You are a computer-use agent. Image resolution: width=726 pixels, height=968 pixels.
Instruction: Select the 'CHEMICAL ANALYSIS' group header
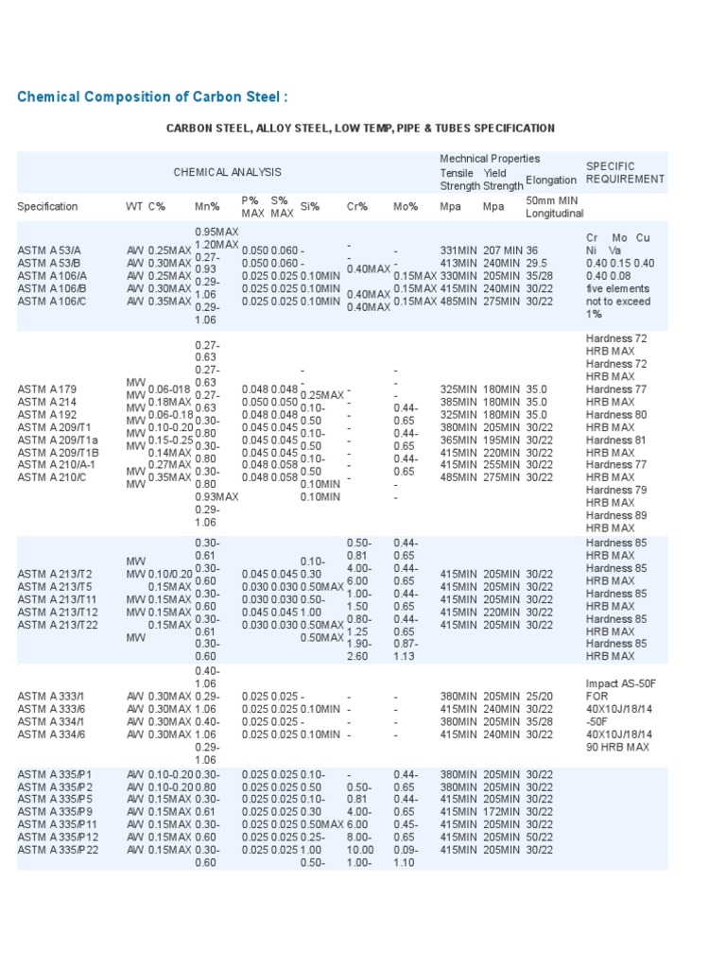tap(227, 172)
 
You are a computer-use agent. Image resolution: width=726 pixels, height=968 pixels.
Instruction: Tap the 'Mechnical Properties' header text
tap(490, 159)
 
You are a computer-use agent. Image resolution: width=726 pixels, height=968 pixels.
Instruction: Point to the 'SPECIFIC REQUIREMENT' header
tap(625, 172)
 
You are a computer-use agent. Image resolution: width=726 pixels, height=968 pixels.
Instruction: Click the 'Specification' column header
tap(47, 206)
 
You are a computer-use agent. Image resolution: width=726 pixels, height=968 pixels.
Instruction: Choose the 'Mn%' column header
tap(207, 206)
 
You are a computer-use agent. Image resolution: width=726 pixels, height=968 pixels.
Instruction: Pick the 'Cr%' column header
tap(357, 206)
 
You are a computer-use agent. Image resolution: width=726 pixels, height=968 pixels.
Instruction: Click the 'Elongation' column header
tap(551, 180)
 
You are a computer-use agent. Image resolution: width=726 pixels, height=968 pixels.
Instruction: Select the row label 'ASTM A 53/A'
tap(48, 251)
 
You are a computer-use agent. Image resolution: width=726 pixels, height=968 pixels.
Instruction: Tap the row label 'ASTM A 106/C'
tap(52, 302)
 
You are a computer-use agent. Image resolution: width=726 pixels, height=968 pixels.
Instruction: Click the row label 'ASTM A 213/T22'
tap(56, 625)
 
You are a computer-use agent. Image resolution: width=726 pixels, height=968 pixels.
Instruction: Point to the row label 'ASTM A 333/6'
tap(52, 709)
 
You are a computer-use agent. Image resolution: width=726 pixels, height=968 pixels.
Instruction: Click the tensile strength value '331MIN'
tap(459, 251)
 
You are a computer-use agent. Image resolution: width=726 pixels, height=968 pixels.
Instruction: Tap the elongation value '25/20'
tap(539, 696)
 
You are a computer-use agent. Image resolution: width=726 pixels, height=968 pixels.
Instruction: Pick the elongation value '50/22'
tap(539, 837)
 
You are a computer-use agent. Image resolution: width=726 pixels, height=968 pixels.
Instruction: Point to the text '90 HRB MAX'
tap(618, 747)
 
